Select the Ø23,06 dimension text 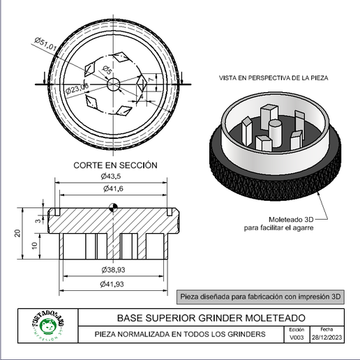(x=75, y=87)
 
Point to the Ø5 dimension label (x=107, y=70)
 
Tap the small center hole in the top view (x=114, y=83)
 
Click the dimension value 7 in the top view (x=151, y=82)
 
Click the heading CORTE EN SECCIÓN (x=115, y=165)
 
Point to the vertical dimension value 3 (x=36, y=220)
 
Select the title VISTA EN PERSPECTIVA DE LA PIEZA (x=273, y=78)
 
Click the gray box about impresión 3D (x=260, y=296)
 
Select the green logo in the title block (x=48, y=327)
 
